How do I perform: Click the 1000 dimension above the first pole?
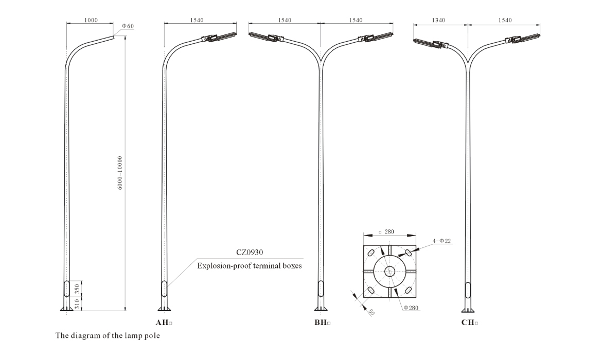[x=91, y=20]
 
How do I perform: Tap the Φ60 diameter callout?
[x=128, y=26]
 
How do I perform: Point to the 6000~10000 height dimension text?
[x=120, y=172]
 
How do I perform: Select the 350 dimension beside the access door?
[x=77, y=289]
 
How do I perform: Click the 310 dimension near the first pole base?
[x=77, y=304]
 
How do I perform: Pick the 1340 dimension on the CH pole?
[x=438, y=20]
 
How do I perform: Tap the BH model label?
[x=323, y=322]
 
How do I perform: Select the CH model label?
[x=470, y=322]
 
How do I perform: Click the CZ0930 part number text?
[x=250, y=252]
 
